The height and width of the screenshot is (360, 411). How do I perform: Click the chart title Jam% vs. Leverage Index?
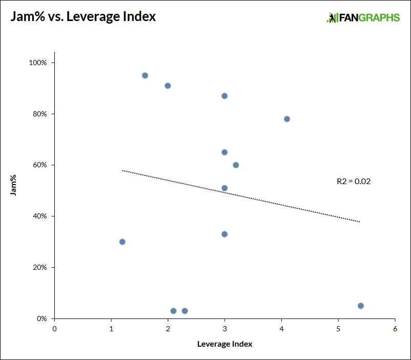[x=83, y=16]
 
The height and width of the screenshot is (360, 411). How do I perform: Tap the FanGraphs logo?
[x=363, y=17]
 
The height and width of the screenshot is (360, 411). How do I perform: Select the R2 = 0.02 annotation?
[x=353, y=181]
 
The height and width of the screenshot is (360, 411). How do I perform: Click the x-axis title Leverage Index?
[x=224, y=344]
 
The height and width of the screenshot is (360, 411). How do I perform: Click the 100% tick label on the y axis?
[x=38, y=63]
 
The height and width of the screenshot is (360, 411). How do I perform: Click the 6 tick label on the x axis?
[x=395, y=329]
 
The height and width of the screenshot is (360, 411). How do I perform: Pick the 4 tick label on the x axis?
[x=281, y=329]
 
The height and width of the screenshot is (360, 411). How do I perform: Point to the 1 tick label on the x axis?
[x=111, y=329]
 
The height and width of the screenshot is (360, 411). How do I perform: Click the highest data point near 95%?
[x=145, y=75]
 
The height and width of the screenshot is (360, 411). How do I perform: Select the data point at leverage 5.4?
[x=361, y=306]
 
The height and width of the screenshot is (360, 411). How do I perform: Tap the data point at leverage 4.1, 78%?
[x=287, y=119]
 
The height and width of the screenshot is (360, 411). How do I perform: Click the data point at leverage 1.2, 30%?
[x=122, y=242]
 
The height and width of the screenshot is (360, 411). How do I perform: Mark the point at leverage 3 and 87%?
[x=224, y=96]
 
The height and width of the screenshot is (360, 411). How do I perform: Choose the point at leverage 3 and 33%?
[x=224, y=234]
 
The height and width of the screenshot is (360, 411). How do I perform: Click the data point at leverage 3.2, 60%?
[x=236, y=165]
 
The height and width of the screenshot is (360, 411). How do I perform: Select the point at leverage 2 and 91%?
[x=168, y=86]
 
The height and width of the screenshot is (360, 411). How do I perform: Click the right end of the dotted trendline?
[x=360, y=222]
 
